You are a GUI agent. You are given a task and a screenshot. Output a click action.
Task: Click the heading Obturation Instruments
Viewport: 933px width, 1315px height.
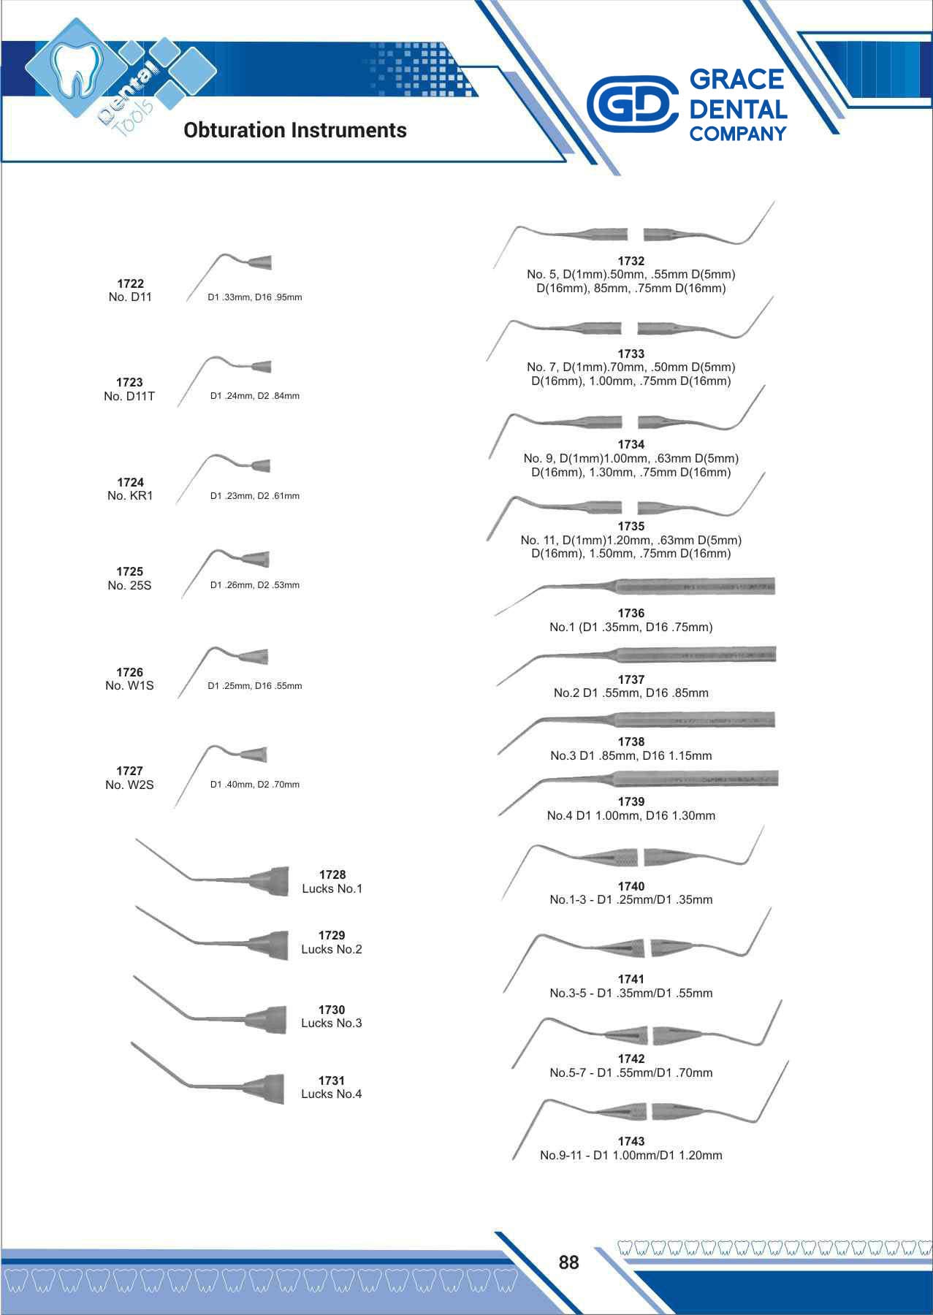[295, 130]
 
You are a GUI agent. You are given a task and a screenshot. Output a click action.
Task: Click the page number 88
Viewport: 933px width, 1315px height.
[568, 1262]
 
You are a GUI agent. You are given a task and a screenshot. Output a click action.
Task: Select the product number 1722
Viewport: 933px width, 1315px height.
[130, 283]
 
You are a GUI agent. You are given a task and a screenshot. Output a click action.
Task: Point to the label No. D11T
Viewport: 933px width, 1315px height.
[129, 396]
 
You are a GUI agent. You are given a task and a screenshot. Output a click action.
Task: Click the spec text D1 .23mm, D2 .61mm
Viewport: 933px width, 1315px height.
[255, 496]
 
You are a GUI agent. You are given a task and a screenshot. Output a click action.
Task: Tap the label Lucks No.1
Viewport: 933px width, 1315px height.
[332, 888]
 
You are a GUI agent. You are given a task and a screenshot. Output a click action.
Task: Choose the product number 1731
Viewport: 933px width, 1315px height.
[332, 1080]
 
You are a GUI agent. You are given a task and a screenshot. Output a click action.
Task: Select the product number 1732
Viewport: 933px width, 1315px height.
[631, 261]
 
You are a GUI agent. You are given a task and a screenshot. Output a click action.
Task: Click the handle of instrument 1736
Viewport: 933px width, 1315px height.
[694, 586]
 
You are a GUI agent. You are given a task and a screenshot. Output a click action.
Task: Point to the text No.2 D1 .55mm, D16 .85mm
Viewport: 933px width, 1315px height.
[631, 693]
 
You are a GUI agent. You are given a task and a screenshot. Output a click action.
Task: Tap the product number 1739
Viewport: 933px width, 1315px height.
[631, 801]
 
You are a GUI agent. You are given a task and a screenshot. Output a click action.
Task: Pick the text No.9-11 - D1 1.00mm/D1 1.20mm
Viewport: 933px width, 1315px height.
[631, 1155]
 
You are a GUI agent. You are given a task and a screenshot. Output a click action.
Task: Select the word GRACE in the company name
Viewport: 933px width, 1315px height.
[736, 79]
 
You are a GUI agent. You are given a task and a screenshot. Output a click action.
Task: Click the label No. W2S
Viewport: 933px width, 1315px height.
[129, 785]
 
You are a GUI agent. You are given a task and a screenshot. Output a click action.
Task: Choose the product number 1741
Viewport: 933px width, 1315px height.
[631, 979]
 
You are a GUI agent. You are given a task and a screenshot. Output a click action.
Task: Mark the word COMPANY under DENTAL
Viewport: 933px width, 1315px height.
[737, 134]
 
